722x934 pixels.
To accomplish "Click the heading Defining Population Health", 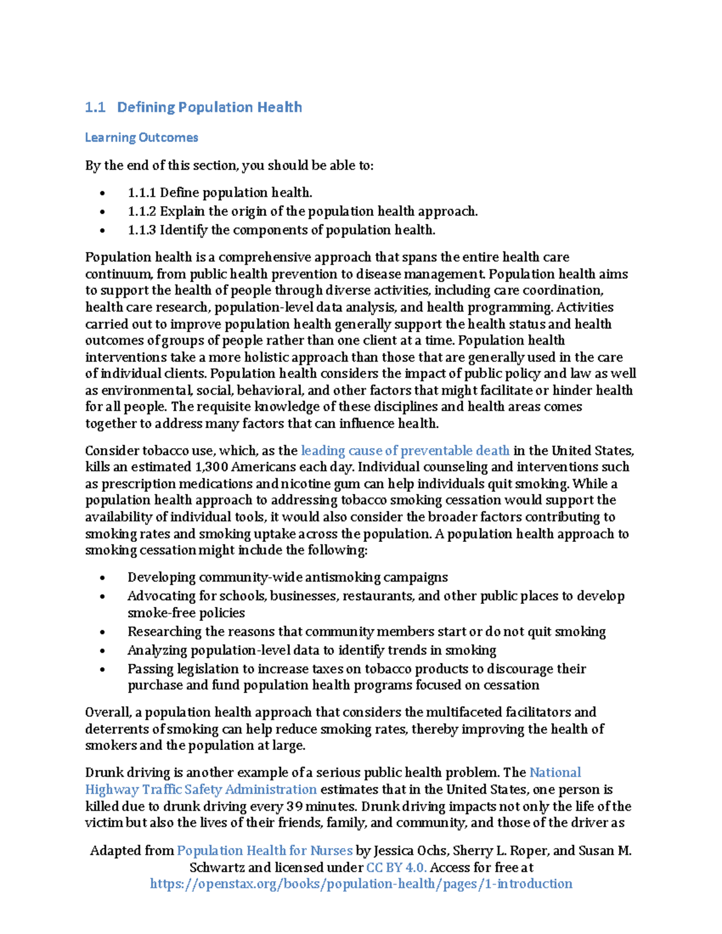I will pyautogui.click(x=209, y=107).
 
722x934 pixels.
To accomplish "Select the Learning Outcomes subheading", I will pyautogui.click(x=141, y=138).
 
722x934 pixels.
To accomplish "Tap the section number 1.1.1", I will pyautogui.click(x=141, y=193).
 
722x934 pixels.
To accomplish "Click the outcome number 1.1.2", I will pyautogui.click(x=141, y=212).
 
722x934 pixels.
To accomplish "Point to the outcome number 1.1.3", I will pyautogui.click(x=141, y=230).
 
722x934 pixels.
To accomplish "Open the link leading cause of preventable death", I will pyautogui.click(x=405, y=450).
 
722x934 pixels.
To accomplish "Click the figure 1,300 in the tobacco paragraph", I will pyautogui.click(x=211, y=467).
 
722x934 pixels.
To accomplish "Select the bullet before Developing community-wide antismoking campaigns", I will pyautogui.click(x=103, y=578).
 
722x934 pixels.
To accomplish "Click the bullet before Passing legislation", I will pyautogui.click(x=103, y=669).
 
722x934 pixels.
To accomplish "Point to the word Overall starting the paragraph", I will pyautogui.click(x=108, y=713).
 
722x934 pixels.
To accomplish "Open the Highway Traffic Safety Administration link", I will pyautogui.click(x=201, y=790).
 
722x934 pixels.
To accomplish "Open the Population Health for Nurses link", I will pyautogui.click(x=265, y=851).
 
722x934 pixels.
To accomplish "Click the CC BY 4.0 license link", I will pyautogui.click(x=396, y=868).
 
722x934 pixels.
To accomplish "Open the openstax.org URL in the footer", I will pyautogui.click(x=361, y=884).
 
